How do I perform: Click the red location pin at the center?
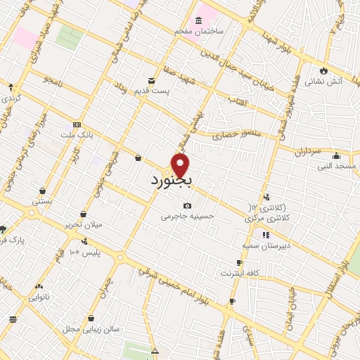[x=180, y=166]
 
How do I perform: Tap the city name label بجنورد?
[x=172, y=181]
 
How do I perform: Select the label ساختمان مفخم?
[x=200, y=32]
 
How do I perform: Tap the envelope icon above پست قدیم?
[x=151, y=81]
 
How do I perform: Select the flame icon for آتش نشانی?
[x=323, y=70]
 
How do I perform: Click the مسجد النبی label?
[x=337, y=166]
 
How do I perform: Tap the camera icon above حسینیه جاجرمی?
[x=187, y=206]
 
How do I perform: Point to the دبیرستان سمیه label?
[x=266, y=245]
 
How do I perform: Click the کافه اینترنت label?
[x=240, y=272]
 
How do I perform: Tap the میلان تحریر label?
[x=83, y=224]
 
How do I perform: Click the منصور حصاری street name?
[x=241, y=132]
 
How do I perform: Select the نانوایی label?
[x=39, y=297]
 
